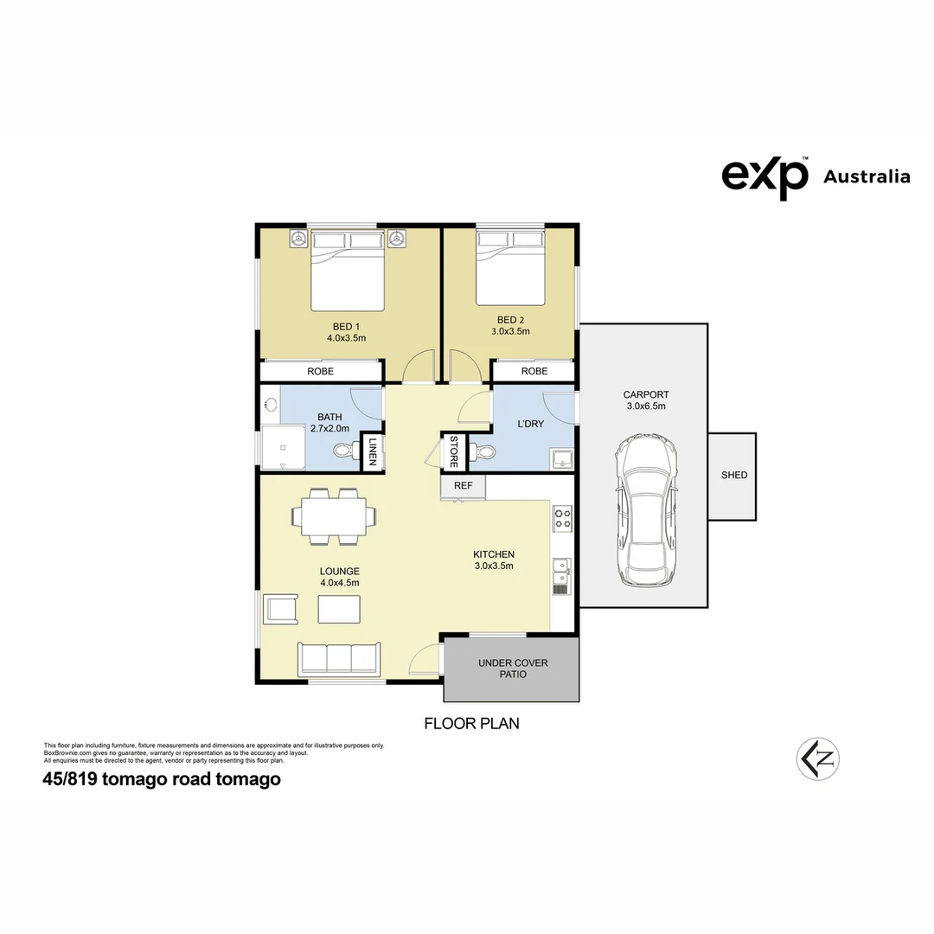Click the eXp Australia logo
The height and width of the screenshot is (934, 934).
click(815, 176)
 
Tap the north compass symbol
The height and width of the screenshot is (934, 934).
click(818, 759)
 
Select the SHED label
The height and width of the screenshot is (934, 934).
click(734, 475)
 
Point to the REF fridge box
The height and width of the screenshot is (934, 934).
click(464, 486)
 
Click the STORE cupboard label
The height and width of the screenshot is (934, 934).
click(453, 451)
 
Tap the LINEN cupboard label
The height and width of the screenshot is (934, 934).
click(373, 451)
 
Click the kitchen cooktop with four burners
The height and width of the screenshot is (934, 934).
click(562, 518)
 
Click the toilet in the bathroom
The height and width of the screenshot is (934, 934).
click(345, 450)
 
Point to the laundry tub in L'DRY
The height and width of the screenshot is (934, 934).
click(563, 458)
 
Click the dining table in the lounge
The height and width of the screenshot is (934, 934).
click(334, 517)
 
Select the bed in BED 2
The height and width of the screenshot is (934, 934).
click(511, 268)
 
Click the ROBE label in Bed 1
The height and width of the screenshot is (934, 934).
click(320, 371)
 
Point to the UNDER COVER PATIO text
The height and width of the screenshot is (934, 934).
click(513, 669)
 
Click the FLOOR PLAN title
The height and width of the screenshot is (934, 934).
click(471, 723)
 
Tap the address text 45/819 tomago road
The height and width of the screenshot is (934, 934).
click(162, 779)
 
